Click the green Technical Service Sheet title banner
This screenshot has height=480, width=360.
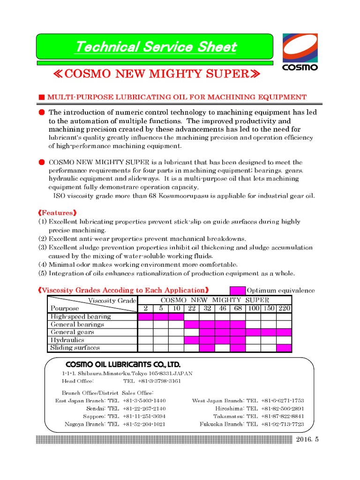pyautogui.click(x=155, y=47)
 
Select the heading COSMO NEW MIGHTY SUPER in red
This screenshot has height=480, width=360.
pyautogui.click(x=155, y=75)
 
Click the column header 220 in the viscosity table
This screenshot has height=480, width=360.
pyautogui.click(x=284, y=308)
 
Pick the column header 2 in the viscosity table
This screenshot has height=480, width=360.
pyautogui.click(x=145, y=308)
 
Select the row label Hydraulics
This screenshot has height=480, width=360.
pyautogui.click(x=67, y=340)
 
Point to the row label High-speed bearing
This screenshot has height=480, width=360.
pyautogui.click(x=81, y=316)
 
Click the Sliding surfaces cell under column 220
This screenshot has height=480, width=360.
pyautogui.click(x=284, y=348)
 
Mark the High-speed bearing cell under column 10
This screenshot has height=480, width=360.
pyautogui.click(x=176, y=316)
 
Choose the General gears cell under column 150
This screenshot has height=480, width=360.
pyautogui.click(x=269, y=332)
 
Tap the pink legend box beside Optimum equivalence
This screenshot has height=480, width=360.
pyautogui.click(x=237, y=291)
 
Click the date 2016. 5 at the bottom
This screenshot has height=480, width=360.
pyautogui.click(x=307, y=439)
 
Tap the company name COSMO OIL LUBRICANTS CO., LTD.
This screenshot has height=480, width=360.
pyautogui.click(x=123, y=364)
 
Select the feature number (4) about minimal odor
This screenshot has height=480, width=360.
pyautogui.click(x=43, y=265)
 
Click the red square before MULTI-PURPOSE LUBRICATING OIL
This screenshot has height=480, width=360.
pyautogui.click(x=41, y=97)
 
